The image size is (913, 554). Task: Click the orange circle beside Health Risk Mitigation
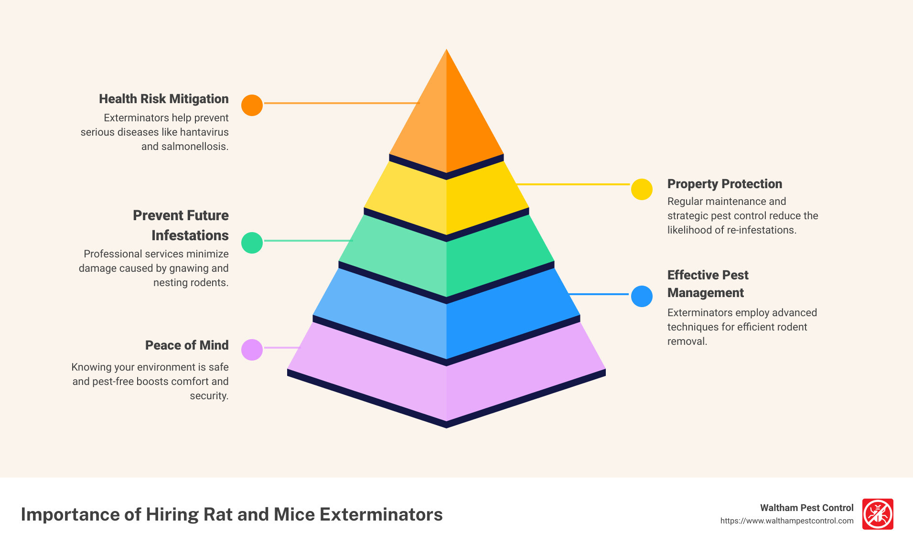coord(252,105)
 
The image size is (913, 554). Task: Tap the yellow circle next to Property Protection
coord(642,190)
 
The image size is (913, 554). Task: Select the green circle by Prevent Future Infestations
coord(252,243)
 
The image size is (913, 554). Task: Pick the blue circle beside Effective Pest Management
coord(642,296)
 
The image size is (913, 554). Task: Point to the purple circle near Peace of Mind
coord(252,350)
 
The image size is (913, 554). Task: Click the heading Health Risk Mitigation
coord(163,99)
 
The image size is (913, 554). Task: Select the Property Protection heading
coord(724,184)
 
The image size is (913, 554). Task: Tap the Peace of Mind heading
coord(186,345)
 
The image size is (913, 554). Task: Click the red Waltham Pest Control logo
coord(878,514)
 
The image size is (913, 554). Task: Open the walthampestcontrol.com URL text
coord(786,521)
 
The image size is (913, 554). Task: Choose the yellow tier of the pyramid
coord(446,201)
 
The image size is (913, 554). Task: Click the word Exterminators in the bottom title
coord(381,514)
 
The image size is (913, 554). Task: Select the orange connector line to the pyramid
coord(341,103)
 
